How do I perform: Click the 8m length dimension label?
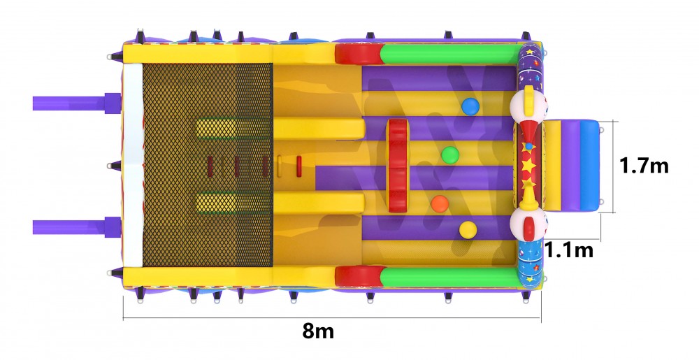[318, 331]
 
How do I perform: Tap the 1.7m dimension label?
[644, 166]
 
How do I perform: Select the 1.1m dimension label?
[569, 250]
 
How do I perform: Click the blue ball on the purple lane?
[470, 107]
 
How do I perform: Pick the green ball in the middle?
[449, 155]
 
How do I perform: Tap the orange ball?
[440, 203]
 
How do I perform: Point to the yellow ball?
[468, 230]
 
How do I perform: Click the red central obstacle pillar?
[397, 165]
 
